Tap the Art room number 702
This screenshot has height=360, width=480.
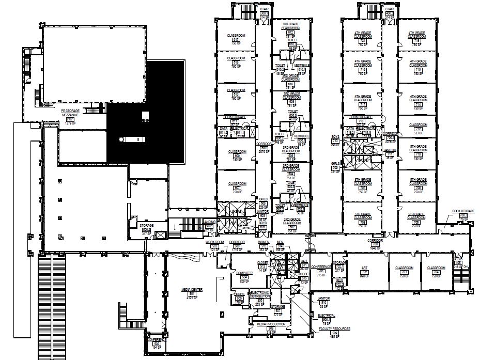pyautogui.click(x=364, y=271)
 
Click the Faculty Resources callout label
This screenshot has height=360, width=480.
pyautogui.click(x=335, y=328)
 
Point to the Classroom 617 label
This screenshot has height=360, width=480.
pyautogui.click(x=236, y=37)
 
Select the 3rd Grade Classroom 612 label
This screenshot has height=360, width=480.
pyautogui.click(x=291, y=28)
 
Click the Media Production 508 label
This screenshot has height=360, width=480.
pyautogui.click(x=270, y=325)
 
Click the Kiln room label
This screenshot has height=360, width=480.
pyautogui.click(x=339, y=282)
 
